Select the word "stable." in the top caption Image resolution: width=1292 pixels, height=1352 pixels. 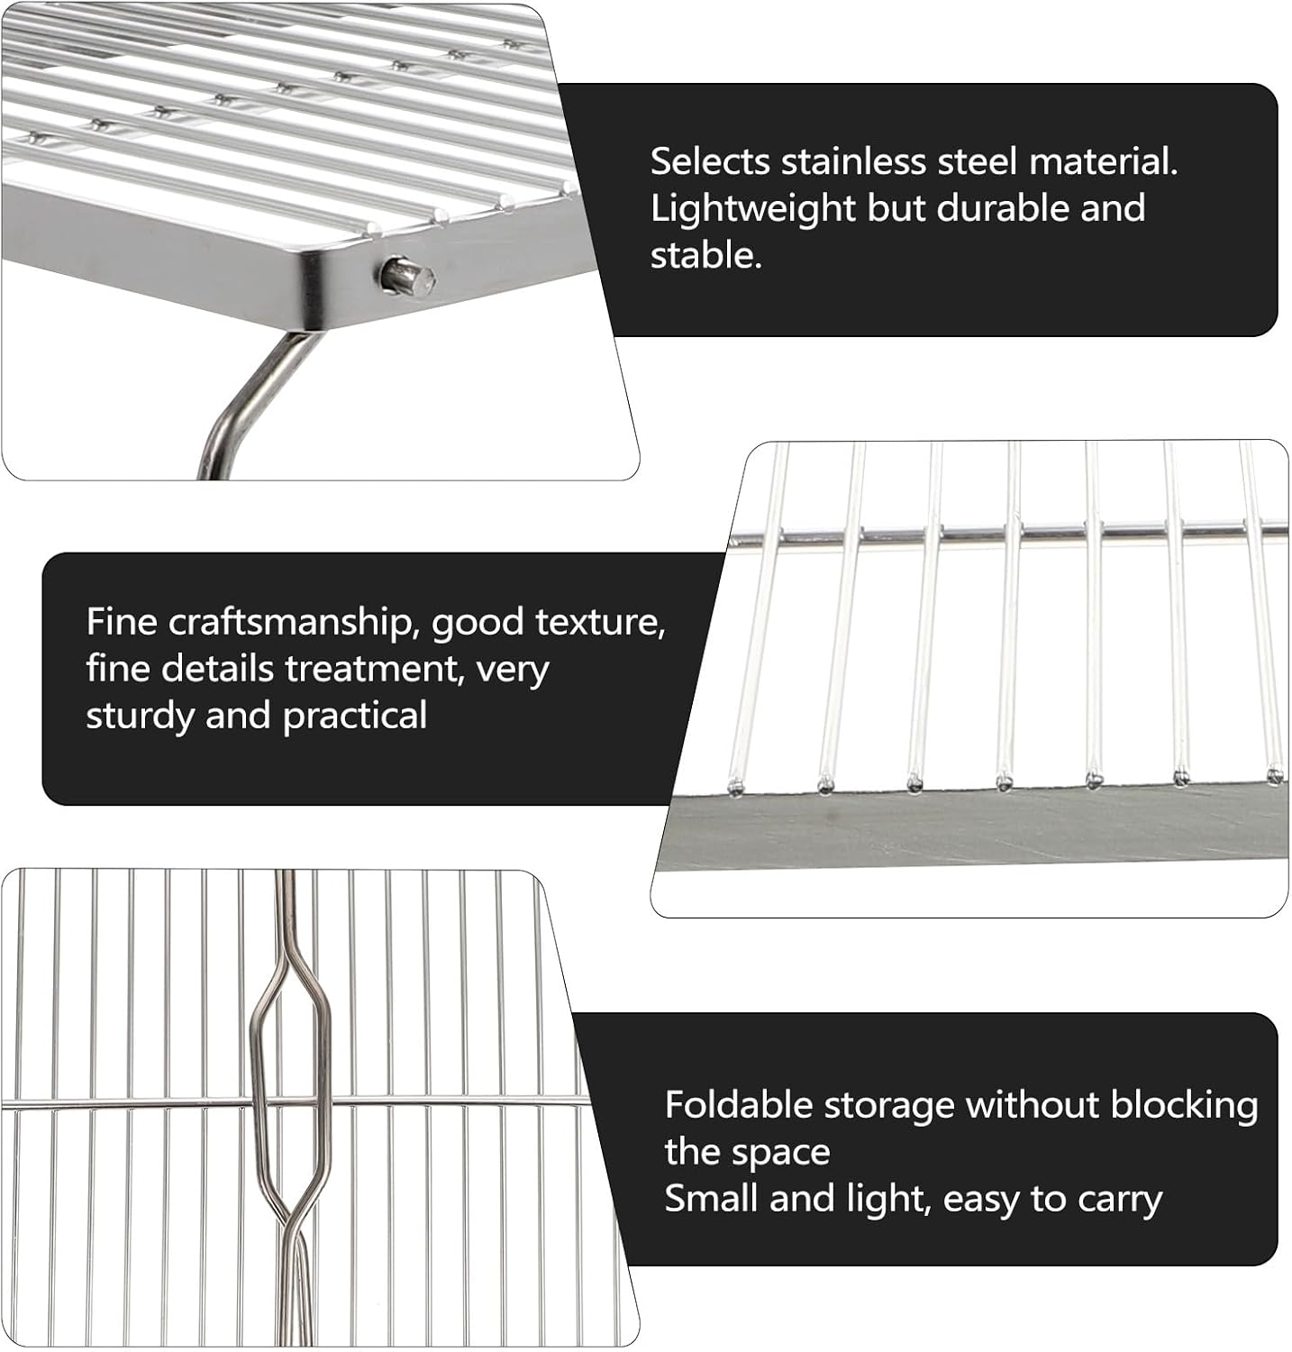(705, 256)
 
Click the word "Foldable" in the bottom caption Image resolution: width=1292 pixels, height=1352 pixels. (741, 1105)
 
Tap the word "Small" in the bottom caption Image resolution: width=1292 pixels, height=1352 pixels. (705, 1199)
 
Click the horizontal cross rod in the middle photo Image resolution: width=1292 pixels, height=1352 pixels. (1009, 534)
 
